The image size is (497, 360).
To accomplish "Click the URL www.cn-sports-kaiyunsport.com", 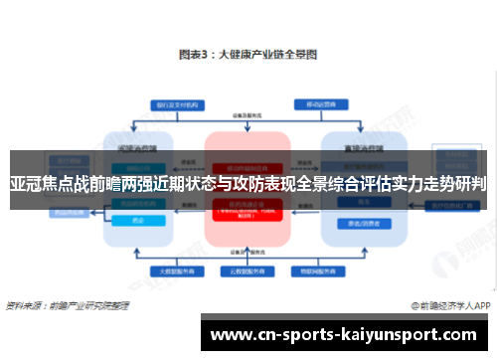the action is tap(348, 335).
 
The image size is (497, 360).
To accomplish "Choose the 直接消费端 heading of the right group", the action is tap(354, 147).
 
